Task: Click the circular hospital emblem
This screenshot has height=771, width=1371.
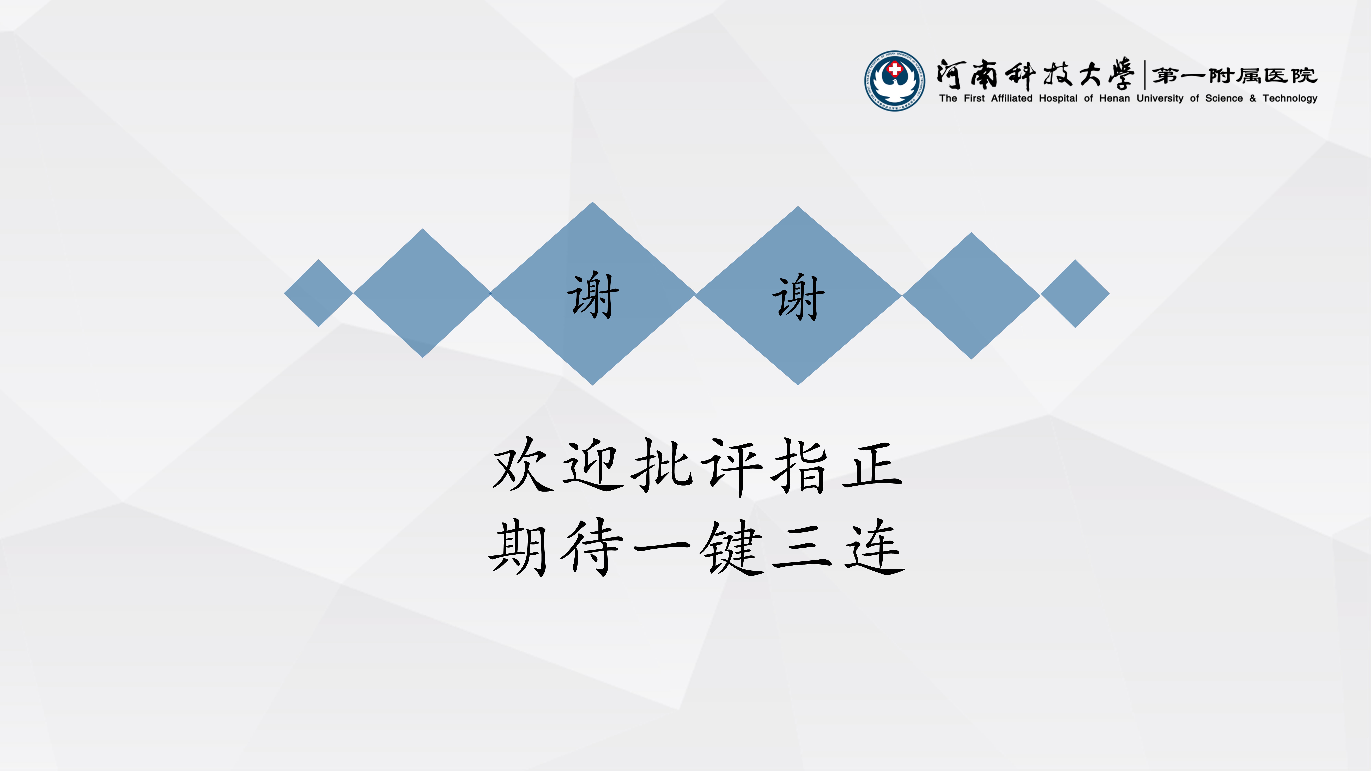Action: coord(895,81)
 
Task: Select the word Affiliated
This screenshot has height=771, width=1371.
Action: coord(1011,99)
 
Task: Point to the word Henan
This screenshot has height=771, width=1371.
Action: coord(1114,99)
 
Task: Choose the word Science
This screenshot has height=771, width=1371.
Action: coord(1224,99)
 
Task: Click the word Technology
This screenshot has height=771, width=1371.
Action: coord(1290,99)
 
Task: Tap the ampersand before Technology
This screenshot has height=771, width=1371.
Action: coord(1253,99)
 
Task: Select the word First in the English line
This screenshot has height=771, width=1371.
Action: coord(974,99)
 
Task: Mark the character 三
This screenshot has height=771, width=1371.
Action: coord(802,548)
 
